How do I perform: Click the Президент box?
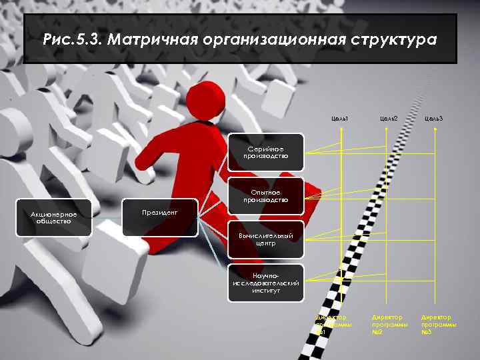(x=160, y=213)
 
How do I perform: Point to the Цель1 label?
(x=340, y=118)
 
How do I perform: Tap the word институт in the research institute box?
(x=265, y=291)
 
